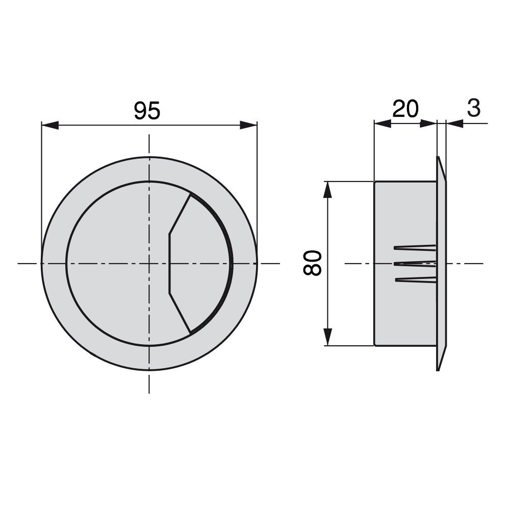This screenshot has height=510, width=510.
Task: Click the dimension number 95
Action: click(x=147, y=110)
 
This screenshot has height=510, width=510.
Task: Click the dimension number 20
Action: click(x=405, y=109)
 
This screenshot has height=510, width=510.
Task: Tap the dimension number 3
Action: click(x=474, y=108)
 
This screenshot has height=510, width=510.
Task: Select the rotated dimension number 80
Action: click(x=313, y=263)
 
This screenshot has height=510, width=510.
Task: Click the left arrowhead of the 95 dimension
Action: click(x=50, y=125)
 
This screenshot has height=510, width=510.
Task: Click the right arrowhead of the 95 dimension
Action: click(x=248, y=125)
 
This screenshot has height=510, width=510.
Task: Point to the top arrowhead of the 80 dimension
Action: click(x=328, y=189)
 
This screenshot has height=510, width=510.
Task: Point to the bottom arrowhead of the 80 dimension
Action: click(x=328, y=337)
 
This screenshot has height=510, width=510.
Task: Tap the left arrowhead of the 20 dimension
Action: click(x=383, y=123)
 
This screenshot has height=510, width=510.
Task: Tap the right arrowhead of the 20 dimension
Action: click(x=428, y=123)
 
